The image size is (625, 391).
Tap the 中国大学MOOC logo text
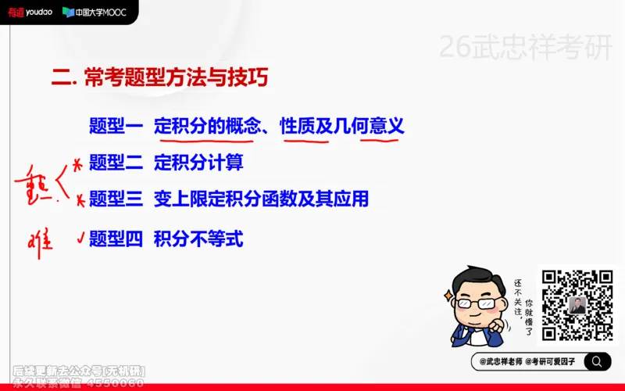click(93, 12)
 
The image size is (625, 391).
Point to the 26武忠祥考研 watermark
click(525, 48)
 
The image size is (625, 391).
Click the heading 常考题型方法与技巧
click(173, 78)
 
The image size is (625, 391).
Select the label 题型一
click(116, 125)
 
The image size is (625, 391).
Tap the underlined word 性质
click(298, 125)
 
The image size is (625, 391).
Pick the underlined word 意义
click(387, 125)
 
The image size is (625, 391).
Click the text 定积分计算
click(198, 163)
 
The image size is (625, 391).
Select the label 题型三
click(116, 199)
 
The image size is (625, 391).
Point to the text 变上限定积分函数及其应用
click(261, 199)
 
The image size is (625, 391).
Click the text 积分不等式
click(198, 239)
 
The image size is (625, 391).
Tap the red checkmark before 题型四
click(79, 235)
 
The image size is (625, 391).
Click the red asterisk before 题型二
click(77, 164)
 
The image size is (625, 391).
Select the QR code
click(577, 305)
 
